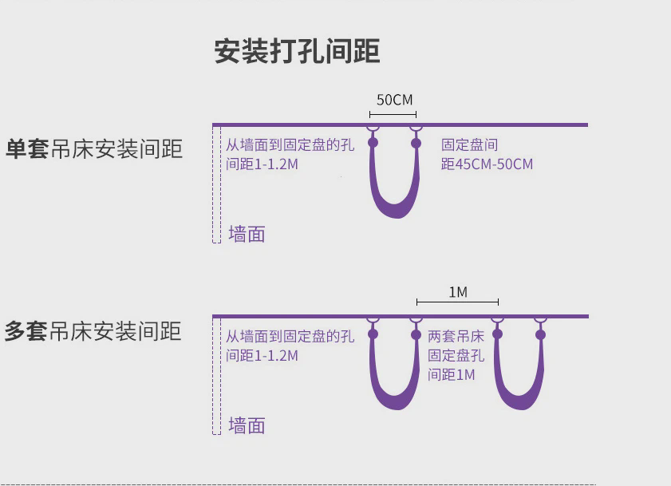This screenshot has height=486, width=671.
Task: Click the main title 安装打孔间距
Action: point(297,51)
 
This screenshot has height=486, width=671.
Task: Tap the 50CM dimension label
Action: point(395,100)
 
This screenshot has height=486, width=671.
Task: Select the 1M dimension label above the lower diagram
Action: point(458,292)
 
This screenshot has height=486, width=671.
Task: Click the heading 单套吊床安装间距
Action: point(94,149)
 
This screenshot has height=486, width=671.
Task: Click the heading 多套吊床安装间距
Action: point(93,331)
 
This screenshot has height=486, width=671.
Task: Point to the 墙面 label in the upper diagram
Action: point(247,235)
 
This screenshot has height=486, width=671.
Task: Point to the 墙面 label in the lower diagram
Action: point(247,425)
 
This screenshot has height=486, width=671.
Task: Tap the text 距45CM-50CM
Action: point(487,164)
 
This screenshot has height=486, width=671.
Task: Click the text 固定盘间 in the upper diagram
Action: point(469,144)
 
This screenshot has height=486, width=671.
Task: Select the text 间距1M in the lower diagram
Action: point(452,374)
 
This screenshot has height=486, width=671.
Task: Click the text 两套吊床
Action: point(456,336)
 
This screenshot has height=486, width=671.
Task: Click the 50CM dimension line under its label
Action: point(393,114)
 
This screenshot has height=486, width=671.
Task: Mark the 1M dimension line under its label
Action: point(457,302)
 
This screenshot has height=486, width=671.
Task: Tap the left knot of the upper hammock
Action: point(373,143)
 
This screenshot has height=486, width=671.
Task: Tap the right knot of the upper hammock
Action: point(416,143)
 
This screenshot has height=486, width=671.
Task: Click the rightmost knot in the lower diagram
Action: point(540,334)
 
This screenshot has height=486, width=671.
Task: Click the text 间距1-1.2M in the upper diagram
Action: point(262,164)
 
